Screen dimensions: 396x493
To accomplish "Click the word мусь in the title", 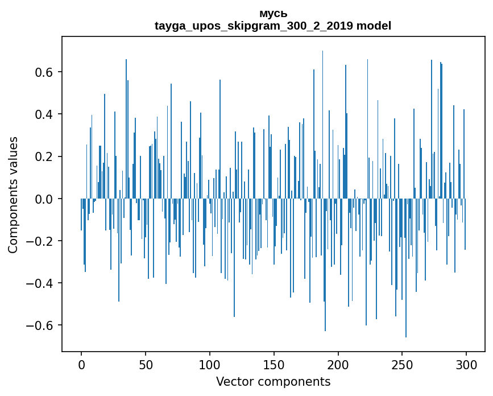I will click(x=273, y=14).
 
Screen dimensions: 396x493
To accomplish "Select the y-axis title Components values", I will click(x=13, y=195).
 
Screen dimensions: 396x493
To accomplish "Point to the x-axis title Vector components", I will click(x=273, y=381).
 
